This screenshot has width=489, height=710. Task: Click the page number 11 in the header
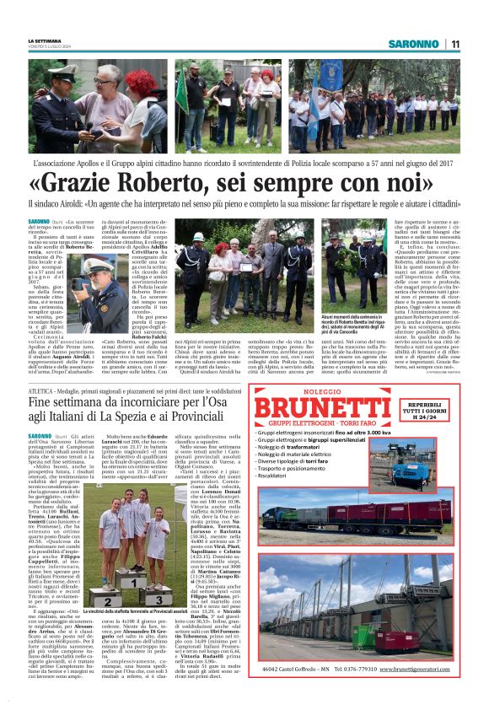click(454, 44)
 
